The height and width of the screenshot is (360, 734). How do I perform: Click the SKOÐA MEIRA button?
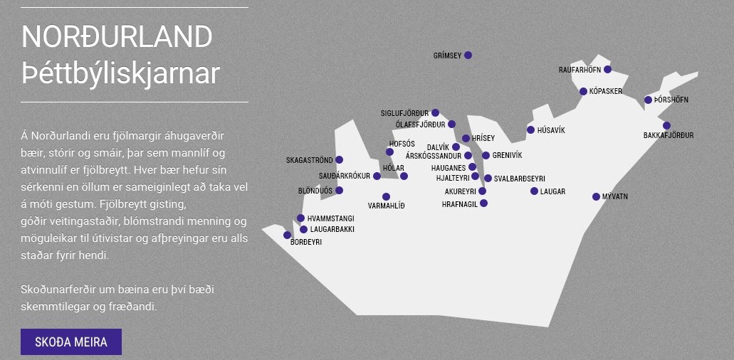[x=71, y=342]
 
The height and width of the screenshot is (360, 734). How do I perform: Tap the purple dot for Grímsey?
[x=468, y=55]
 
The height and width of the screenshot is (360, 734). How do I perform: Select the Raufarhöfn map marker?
[x=607, y=69]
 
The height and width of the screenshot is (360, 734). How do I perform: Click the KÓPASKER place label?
[x=606, y=91]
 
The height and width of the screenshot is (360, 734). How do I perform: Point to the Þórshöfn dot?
[x=648, y=100]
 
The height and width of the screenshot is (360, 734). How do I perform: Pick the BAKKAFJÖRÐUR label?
[x=669, y=136]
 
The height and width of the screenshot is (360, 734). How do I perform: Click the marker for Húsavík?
[x=530, y=130]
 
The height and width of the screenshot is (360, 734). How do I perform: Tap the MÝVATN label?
[x=615, y=197]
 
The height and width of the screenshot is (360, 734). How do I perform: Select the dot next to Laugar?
[x=534, y=191]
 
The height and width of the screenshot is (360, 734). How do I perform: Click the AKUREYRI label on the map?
[x=460, y=191]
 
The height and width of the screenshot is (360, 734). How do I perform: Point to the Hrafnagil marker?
[x=483, y=203]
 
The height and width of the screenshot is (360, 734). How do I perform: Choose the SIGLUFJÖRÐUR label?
[x=404, y=113]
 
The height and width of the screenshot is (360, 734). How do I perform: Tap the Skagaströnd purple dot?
[x=339, y=159]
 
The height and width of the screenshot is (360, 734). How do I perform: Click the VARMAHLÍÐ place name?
[x=386, y=206]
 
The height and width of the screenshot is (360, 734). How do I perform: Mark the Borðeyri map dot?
[x=288, y=235]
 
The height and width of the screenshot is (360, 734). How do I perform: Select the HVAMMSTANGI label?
[x=331, y=218]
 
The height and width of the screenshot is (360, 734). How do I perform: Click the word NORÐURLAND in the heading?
[x=117, y=36]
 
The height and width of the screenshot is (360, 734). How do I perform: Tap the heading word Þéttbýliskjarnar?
[x=121, y=73]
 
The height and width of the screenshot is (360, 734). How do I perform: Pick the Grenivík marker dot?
[x=486, y=155]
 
